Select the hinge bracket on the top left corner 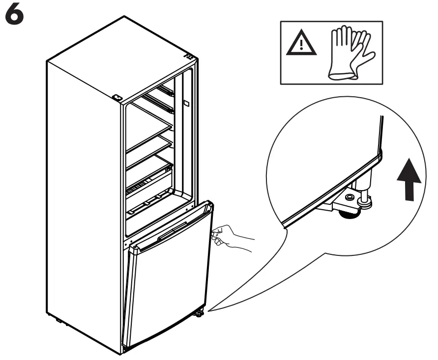[117, 97]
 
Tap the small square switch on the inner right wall [187, 104]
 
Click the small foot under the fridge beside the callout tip [200, 313]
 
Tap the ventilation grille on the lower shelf [143, 188]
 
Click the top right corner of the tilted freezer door [211, 203]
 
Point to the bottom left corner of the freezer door [126, 347]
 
